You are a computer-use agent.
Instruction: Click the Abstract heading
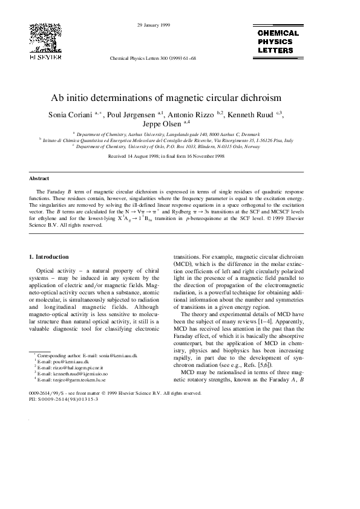click(39, 179)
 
